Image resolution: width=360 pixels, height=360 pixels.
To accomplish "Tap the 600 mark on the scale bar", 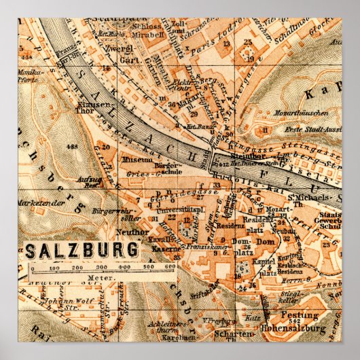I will click(x=169, y=268).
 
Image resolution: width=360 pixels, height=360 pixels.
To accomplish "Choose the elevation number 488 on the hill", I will click(x=69, y=146).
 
